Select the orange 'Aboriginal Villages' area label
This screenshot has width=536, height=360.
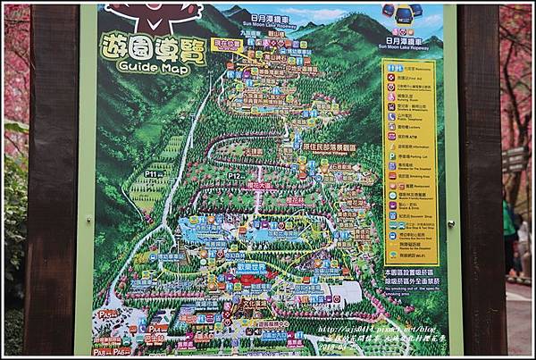[329, 147]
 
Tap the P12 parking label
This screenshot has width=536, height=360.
[234, 176]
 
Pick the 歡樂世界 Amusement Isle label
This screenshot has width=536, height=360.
[253, 266]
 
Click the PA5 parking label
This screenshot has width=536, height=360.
[109, 315]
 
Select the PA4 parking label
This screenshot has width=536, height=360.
[157, 327]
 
